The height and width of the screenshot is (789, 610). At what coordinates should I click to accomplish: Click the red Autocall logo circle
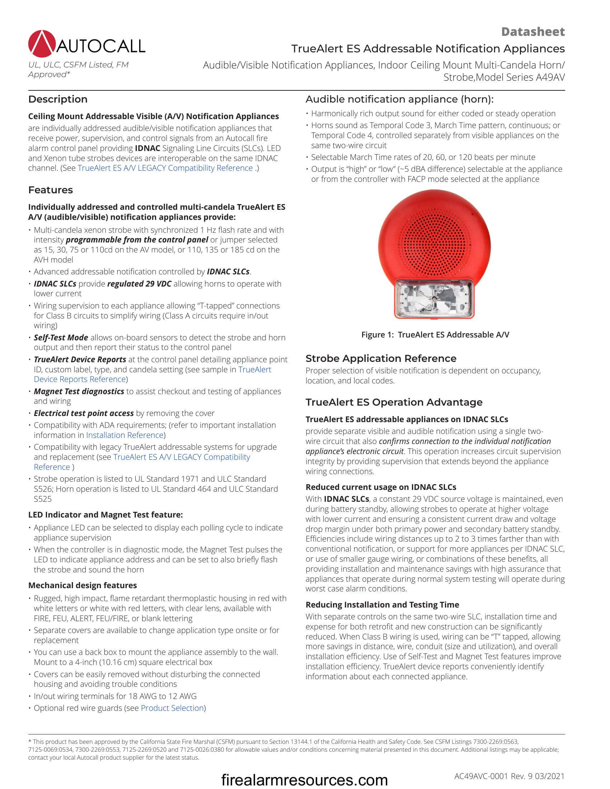tap(42, 44)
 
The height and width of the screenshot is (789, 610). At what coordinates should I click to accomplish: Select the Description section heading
tap(58, 99)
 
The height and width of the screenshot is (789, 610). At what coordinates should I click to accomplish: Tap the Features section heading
tap(51, 190)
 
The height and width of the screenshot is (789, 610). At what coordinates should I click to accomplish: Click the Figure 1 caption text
tap(435, 335)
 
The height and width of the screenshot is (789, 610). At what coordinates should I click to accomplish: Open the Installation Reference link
tap(125, 435)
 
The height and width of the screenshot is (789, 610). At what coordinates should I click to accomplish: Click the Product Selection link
tap(172, 708)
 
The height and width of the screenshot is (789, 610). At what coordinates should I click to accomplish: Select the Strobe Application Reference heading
tap(381, 358)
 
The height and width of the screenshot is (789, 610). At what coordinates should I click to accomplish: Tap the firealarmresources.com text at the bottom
tap(304, 780)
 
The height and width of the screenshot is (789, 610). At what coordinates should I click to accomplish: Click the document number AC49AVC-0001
tap(481, 776)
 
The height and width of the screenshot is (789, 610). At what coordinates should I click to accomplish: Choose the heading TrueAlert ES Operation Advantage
tap(394, 402)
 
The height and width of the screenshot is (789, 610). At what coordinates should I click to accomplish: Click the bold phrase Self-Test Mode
tap(61, 337)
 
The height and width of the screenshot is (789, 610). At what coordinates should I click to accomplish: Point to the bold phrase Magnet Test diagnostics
tap(79, 391)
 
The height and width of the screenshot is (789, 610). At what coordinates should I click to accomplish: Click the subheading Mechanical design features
tap(83, 585)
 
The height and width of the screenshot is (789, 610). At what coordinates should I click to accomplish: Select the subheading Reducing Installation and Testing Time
tap(382, 605)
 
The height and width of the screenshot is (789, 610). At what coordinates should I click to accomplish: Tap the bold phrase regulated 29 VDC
tap(139, 284)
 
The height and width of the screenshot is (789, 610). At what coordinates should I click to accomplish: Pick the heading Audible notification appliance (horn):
tap(399, 99)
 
